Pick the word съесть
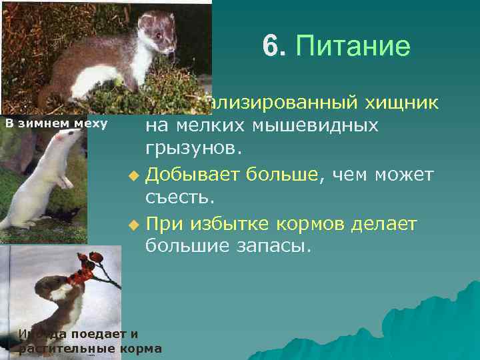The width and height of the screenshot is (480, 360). [x=177, y=196]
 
